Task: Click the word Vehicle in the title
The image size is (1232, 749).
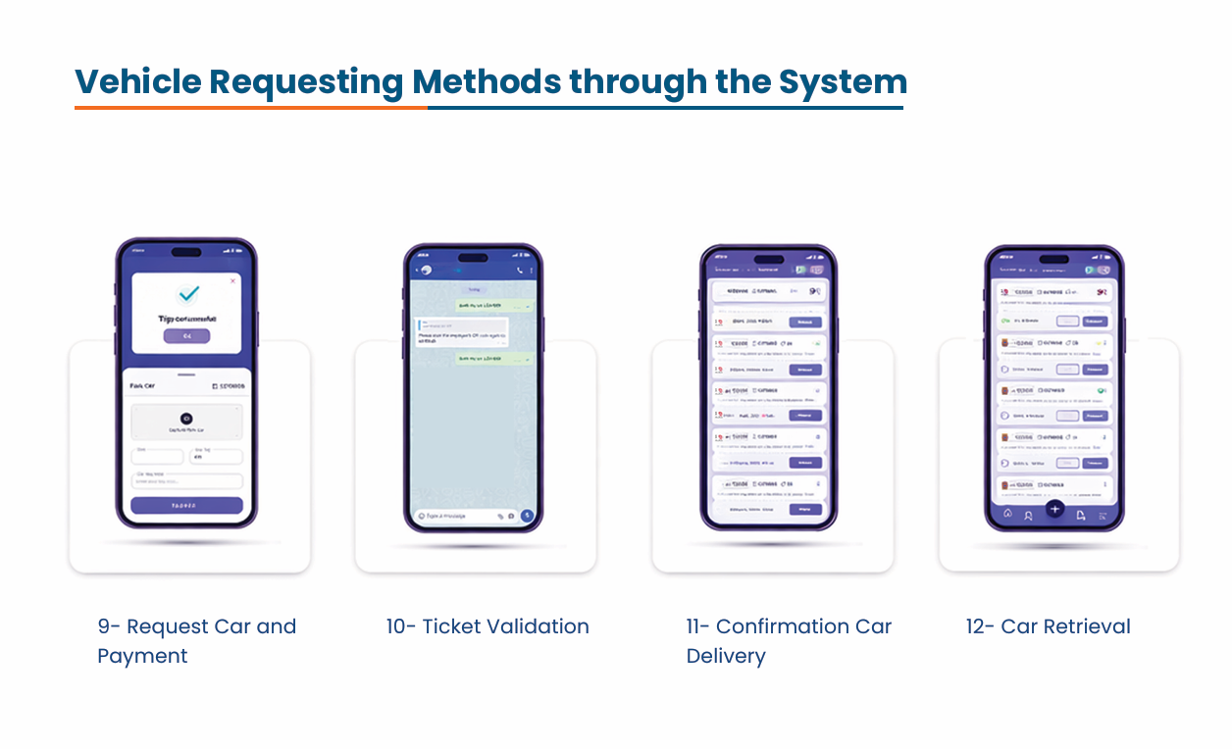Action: tap(136, 81)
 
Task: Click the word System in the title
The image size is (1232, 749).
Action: tap(843, 81)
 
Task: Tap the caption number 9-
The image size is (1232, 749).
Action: tap(109, 627)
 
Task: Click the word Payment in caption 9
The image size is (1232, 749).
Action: tap(142, 656)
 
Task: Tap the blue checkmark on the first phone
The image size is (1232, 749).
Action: tap(186, 293)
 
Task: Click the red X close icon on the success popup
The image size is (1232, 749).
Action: tap(232, 281)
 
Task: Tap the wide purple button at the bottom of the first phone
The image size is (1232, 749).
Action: tap(186, 506)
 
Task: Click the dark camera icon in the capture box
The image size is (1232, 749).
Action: tap(186, 419)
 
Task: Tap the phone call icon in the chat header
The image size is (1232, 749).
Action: tap(519, 270)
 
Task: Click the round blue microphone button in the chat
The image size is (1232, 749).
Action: tap(527, 515)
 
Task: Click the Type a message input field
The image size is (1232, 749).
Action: tap(454, 515)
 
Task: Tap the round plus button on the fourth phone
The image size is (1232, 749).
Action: tap(1054, 509)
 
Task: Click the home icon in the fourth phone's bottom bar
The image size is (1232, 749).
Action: tap(1007, 513)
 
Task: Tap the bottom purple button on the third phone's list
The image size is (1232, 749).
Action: tap(805, 510)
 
